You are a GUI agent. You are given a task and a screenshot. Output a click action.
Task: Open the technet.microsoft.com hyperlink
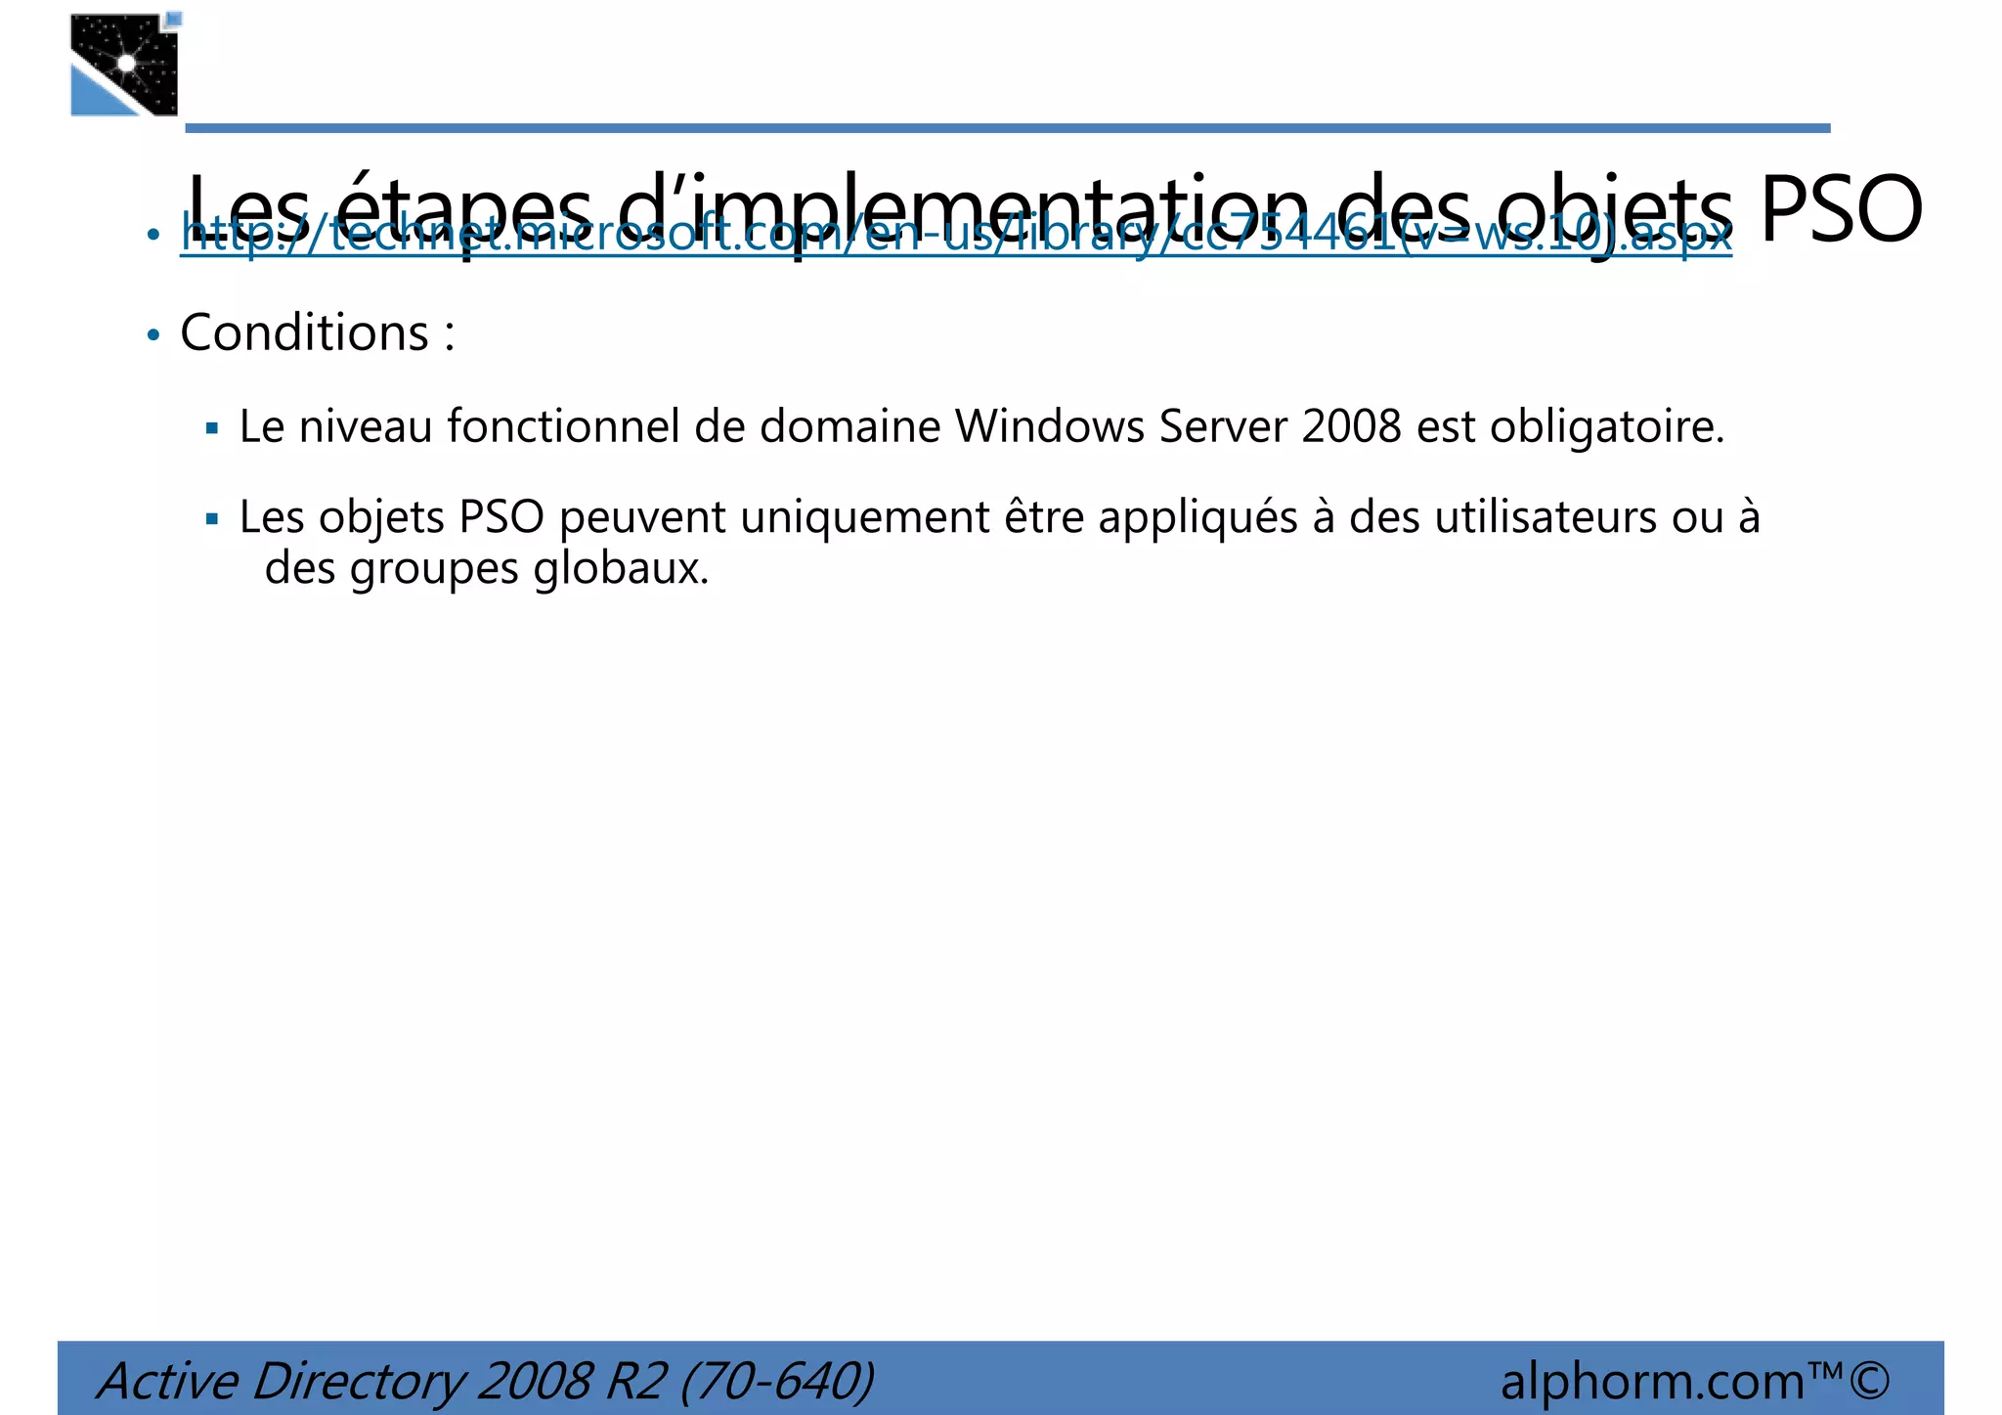[955, 235]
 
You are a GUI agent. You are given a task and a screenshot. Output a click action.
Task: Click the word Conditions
[305, 333]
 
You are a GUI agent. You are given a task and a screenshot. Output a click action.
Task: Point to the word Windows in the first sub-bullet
[1050, 427]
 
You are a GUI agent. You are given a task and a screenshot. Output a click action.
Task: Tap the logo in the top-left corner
[125, 65]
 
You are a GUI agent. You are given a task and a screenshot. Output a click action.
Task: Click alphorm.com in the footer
[1652, 1382]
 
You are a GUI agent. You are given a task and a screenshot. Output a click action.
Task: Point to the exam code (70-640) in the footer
[776, 1382]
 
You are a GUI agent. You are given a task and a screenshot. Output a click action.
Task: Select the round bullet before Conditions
[152, 335]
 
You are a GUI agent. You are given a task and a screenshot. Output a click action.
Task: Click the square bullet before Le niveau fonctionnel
[212, 428]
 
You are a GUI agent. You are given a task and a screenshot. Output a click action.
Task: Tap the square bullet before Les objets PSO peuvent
[212, 519]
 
